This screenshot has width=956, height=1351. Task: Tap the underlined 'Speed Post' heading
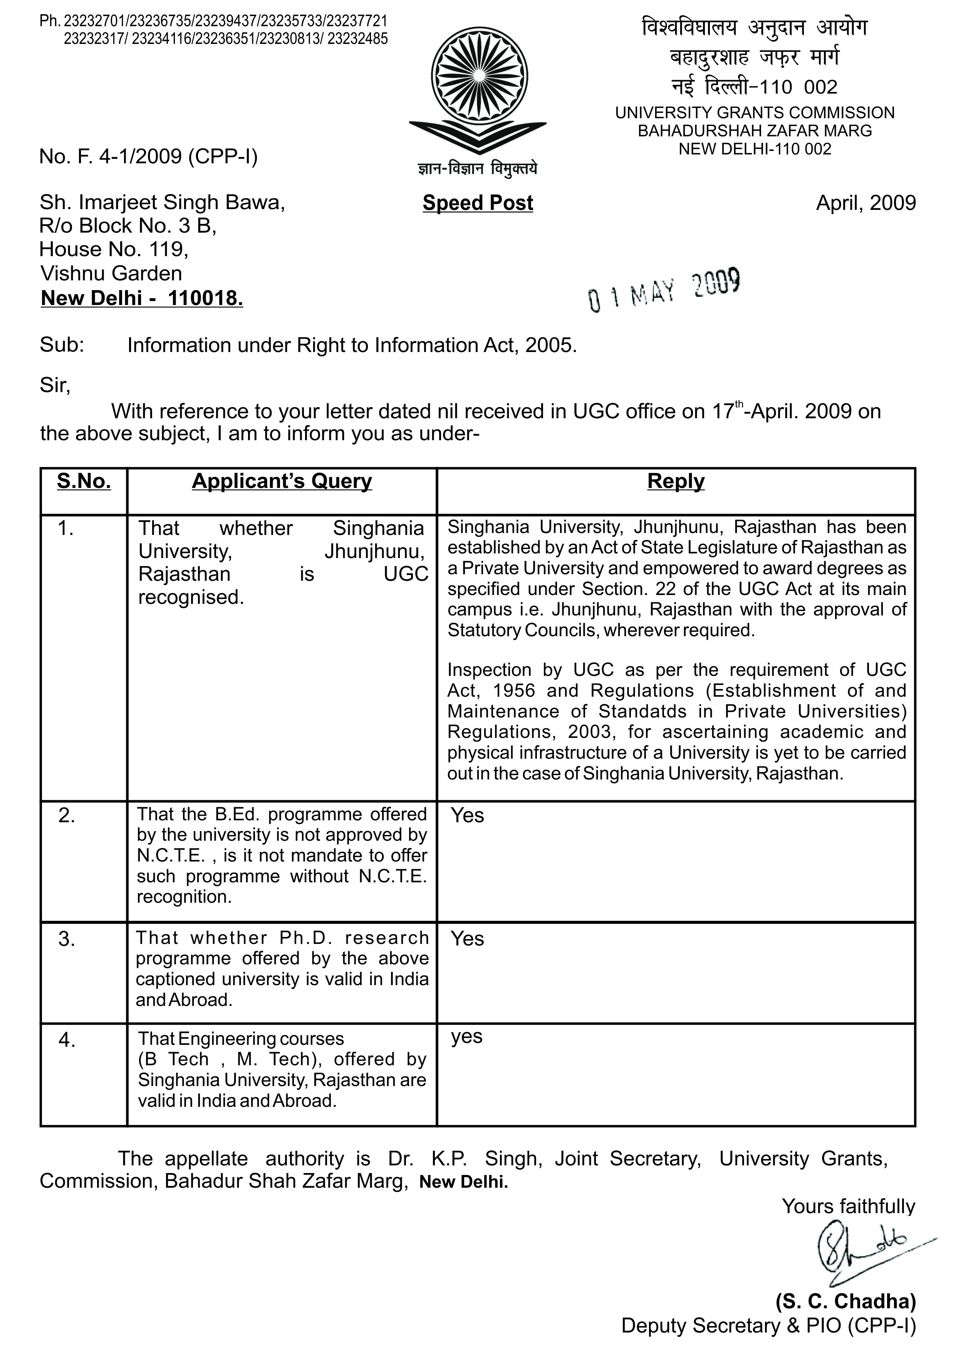pyautogui.click(x=477, y=203)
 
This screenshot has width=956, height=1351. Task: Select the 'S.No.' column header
pyautogui.click(x=84, y=481)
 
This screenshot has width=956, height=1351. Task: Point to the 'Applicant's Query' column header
pyautogui.click(x=282, y=481)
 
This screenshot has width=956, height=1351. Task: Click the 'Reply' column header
pyautogui.click(x=676, y=481)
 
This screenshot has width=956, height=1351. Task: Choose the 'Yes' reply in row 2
pyautogui.click(x=467, y=816)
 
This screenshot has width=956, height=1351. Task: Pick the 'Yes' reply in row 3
pyautogui.click(x=467, y=939)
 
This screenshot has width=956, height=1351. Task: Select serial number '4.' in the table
pyautogui.click(x=67, y=1040)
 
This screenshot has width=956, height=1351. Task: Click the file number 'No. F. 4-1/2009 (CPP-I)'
pyautogui.click(x=148, y=156)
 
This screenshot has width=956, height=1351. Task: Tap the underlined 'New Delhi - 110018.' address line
pyautogui.click(x=142, y=298)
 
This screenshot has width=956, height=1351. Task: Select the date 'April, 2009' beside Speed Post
pyautogui.click(x=865, y=203)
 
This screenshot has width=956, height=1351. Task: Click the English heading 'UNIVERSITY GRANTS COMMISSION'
pyautogui.click(x=755, y=113)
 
